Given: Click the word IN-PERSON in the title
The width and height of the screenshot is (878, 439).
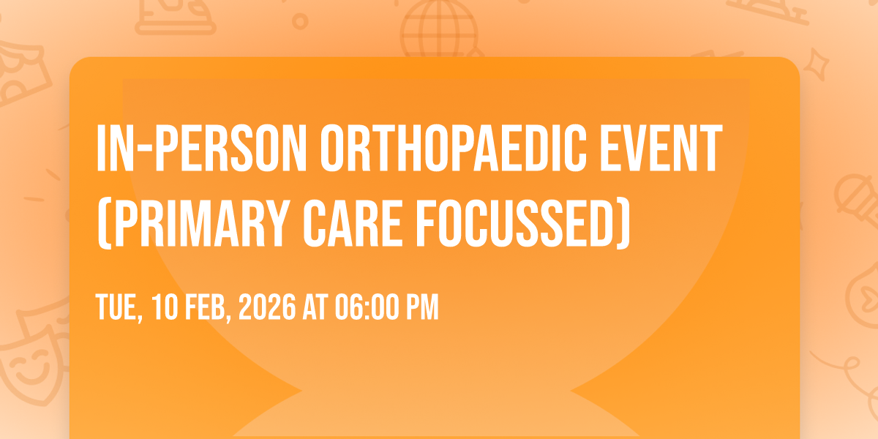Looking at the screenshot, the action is click(201, 148).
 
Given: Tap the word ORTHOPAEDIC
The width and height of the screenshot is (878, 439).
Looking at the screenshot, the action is click(454, 148).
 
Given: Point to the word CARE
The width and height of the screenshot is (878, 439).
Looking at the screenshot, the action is click(353, 223).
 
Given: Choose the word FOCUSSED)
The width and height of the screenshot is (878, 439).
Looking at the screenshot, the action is click(523, 223).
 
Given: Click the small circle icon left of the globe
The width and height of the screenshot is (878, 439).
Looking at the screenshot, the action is click(300, 21).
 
